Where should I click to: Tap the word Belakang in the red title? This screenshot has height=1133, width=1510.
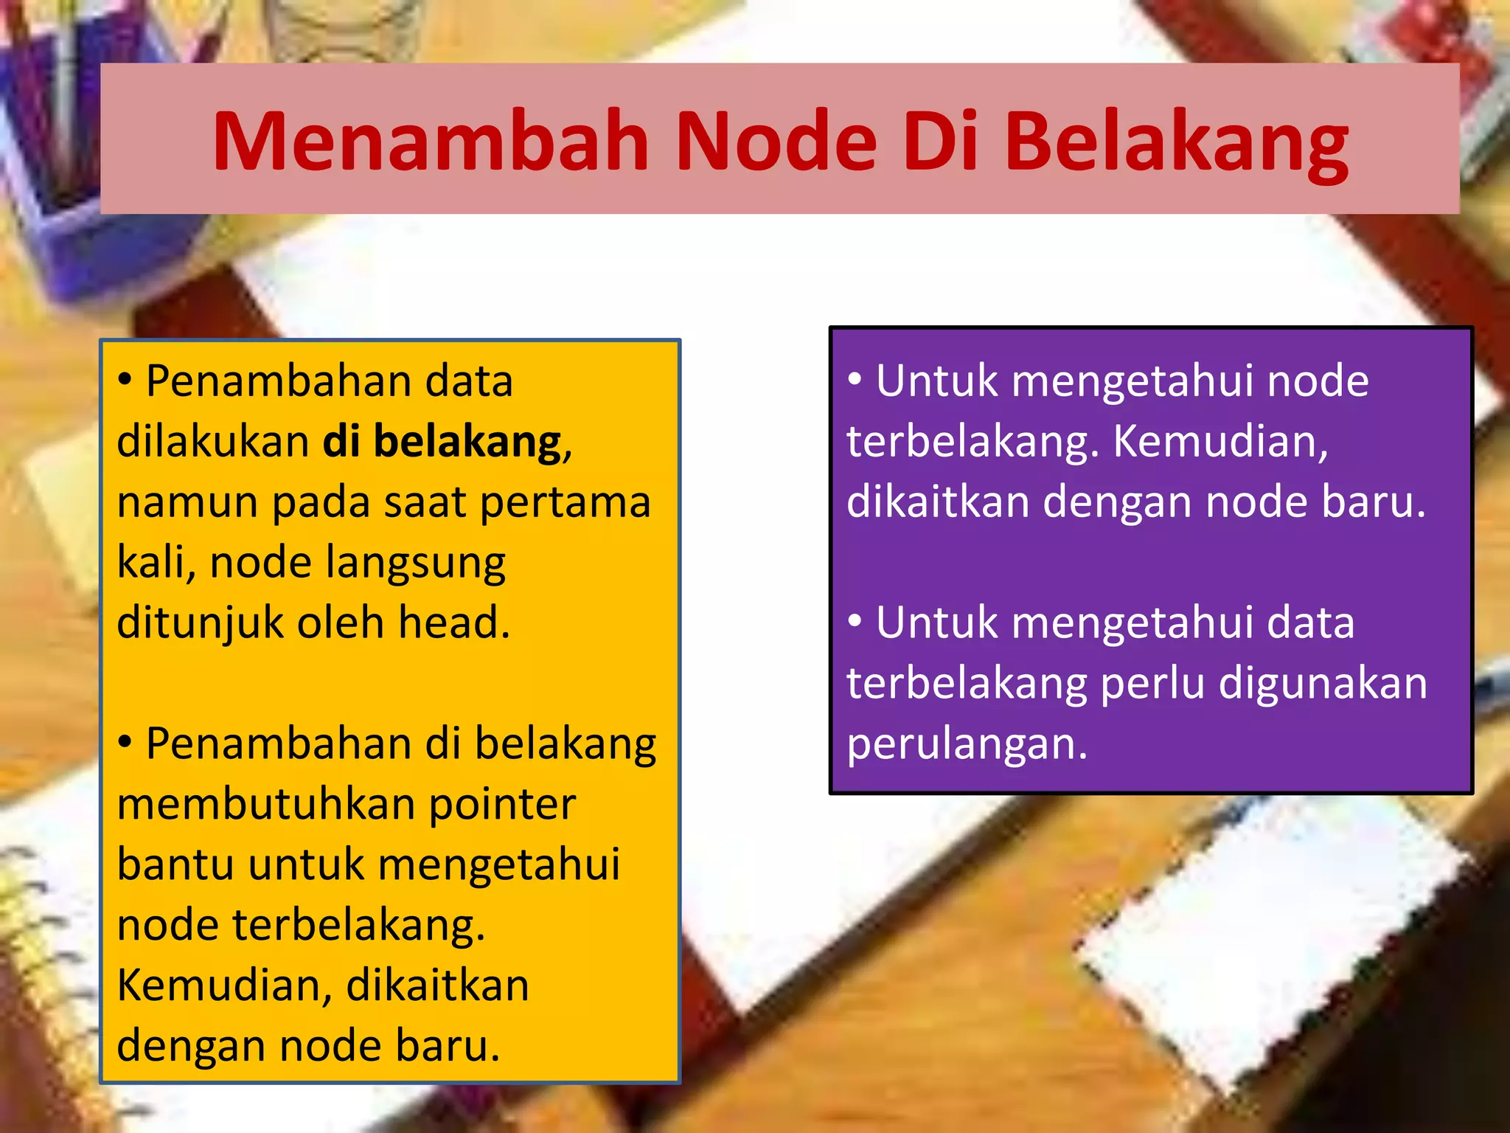pos(1177,142)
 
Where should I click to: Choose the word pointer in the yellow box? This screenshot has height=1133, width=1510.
pos(502,804)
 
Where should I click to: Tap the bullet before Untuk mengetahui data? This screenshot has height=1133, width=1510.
pos(855,621)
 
